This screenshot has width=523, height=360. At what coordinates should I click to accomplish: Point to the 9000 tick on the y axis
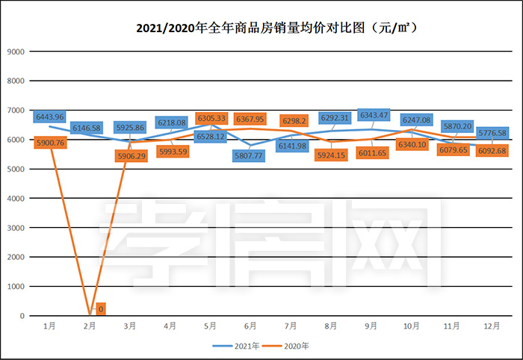(x=16, y=52)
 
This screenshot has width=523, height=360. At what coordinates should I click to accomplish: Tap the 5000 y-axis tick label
(x=16, y=169)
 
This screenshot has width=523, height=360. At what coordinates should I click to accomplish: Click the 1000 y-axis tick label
(x=16, y=286)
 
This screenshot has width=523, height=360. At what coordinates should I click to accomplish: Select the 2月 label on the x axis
(x=89, y=326)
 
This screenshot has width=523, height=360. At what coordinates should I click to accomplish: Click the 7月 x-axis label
(x=291, y=326)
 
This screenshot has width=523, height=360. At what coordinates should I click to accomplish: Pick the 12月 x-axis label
(x=491, y=326)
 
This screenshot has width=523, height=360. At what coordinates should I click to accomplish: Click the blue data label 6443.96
(x=49, y=117)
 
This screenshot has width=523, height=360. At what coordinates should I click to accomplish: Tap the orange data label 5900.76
(x=49, y=143)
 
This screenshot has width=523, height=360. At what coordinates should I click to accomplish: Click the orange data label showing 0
(x=100, y=308)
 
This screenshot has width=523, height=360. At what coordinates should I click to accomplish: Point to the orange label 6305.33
(x=211, y=118)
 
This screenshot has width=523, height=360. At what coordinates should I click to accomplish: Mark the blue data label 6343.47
(x=373, y=115)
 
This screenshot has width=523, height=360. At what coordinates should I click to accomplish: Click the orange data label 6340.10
(x=412, y=144)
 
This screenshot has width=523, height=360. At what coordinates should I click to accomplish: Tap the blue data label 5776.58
(x=492, y=133)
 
